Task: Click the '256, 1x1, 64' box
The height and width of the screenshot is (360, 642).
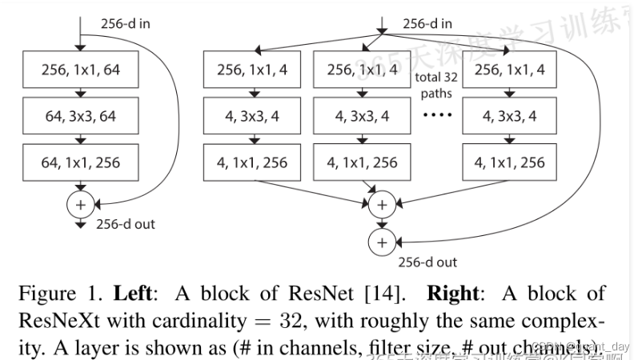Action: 80,70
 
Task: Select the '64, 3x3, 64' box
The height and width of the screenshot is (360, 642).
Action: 80,116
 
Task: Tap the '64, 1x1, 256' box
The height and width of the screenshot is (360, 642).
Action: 80,162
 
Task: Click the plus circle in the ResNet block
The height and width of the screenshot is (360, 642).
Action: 80,204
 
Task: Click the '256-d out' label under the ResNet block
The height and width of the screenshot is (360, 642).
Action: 126,224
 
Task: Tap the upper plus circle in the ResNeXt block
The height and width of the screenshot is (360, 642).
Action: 382,205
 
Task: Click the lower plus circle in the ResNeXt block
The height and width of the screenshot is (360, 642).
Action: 382,242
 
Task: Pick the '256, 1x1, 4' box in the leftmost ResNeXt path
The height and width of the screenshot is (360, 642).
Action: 252,70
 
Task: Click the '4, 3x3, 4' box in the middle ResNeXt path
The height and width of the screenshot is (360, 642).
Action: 362,116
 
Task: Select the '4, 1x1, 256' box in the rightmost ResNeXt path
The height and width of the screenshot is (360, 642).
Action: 509,162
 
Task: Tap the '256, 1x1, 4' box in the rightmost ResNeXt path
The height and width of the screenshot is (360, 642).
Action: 509,70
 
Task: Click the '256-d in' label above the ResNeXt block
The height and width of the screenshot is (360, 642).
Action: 427,23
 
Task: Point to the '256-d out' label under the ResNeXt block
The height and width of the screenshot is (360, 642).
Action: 428,262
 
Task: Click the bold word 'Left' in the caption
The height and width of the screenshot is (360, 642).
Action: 140,294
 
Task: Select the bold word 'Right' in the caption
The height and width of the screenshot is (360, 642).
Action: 451,294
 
